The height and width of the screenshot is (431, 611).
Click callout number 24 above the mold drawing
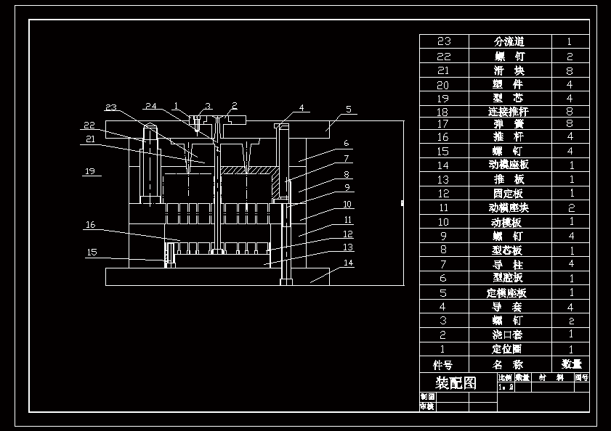pyautogui.click(x=150, y=106)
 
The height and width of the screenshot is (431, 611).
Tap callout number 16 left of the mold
pyautogui.click(x=90, y=225)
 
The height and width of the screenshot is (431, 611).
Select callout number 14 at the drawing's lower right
pyautogui.click(x=349, y=263)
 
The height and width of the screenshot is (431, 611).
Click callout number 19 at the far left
pyautogui.click(x=90, y=172)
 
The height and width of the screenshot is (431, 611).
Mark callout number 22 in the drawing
pyautogui.click(x=89, y=125)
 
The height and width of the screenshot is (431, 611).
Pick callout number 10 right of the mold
pyautogui.click(x=347, y=205)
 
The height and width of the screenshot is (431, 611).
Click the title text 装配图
pyautogui.click(x=455, y=382)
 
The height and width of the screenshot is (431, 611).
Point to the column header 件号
pyautogui.click(x=443, y=364)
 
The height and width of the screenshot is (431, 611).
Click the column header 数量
pyautogui.click(x=570, y=364)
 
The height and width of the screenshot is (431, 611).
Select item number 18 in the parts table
pyautogui.click(x=443, y=112)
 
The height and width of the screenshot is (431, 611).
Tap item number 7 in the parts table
pyautogui.click(x=443, y=265)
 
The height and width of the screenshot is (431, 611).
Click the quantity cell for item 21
pyautogui.click(x=570, y=70)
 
